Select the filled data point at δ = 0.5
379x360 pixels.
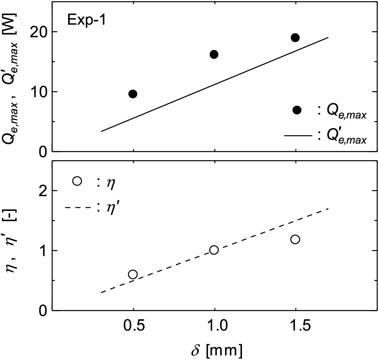133,94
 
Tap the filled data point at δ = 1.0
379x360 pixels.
214,54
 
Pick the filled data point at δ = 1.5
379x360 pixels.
295,38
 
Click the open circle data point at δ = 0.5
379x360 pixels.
133,274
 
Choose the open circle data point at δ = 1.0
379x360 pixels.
214,250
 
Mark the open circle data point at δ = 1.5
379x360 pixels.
295,239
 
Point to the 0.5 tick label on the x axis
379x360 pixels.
133,326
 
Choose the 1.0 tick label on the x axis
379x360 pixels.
214,326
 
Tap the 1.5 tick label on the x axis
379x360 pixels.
295,326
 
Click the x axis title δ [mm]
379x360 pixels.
216,350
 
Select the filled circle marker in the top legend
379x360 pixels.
297,110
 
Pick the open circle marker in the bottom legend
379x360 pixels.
77,181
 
